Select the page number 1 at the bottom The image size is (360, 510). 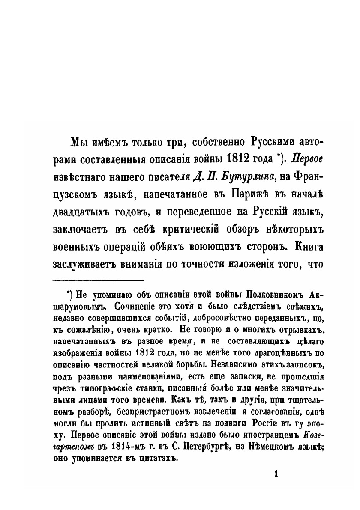click(276, 474)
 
